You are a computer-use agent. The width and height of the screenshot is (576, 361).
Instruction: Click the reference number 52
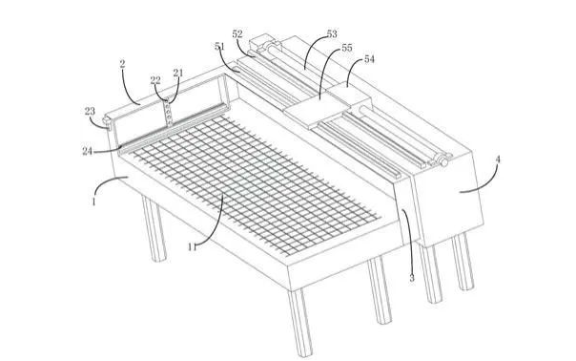click(x=237, y=34)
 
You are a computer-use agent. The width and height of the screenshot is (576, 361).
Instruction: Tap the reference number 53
click(x=332, y=34)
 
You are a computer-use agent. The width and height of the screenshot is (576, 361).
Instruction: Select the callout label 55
click(x=347, y=48)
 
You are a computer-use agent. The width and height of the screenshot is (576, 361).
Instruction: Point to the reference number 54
click(x=369, y=59)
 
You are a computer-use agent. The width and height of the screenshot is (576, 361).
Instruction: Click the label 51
click(x=219, y=47)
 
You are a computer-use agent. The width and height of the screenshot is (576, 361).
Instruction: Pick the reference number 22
click(x=155, y=80)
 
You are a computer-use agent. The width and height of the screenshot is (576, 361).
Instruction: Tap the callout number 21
click(x=178, y=73)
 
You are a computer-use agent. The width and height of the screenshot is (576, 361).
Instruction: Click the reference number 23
click(x=90, y=111)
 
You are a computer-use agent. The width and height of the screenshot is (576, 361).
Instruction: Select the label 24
click(x=87, y=151)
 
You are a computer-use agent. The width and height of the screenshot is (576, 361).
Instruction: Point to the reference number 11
click(x=192, y=247)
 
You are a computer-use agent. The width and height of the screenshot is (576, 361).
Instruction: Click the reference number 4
click(x=498, y=159)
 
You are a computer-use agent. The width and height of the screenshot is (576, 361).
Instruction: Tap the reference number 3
click(x=412, y=279)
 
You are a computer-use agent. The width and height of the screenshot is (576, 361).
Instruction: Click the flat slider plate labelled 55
click(x=317, y=109)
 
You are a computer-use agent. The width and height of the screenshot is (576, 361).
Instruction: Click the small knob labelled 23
click(x=107, y=121)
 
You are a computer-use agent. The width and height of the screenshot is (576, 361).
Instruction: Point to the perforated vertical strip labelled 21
click(x=168, y=112)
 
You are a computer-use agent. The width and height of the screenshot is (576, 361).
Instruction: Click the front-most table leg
click(x=300, y=323)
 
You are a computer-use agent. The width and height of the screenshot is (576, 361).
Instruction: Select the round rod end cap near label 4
click(x=444, y=162)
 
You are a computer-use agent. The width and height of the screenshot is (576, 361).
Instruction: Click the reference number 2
click(x=122, y=64)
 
